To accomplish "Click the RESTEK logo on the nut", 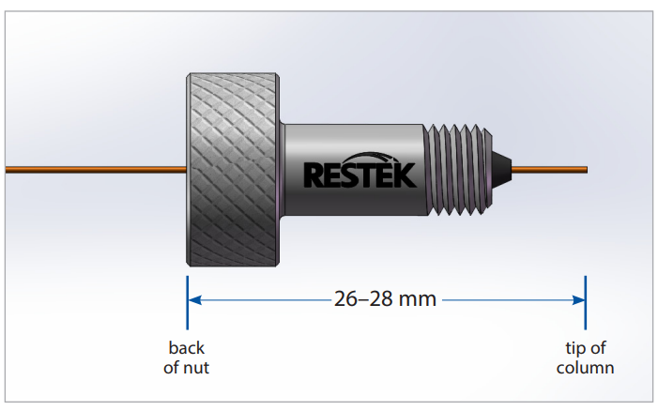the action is click(x=360, y=170).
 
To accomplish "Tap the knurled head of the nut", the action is click(x=233, y=170).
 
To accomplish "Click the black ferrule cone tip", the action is click(x=501, y=170).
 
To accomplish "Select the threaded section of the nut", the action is click(x=457, y=170).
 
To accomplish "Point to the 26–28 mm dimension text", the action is click(x=385, y=299).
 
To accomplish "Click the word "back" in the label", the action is click(x=186, y=348).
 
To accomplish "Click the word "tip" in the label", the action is click(x=574, y=348).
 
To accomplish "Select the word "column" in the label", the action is click(x=585, y=368).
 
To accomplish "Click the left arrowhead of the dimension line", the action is click(x=194, y=300).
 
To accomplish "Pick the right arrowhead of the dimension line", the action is click(x=578, y=300).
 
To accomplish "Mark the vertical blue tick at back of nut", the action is click(x=187, y=302).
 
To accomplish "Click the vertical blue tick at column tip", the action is click(x=586, y=302).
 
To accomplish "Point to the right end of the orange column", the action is click(x=587, y=170).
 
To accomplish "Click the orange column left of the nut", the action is click(x=96, y=170).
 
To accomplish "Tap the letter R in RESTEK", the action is click(x=314, y=175).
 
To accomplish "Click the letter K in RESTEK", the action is click(x=406, y=175).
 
